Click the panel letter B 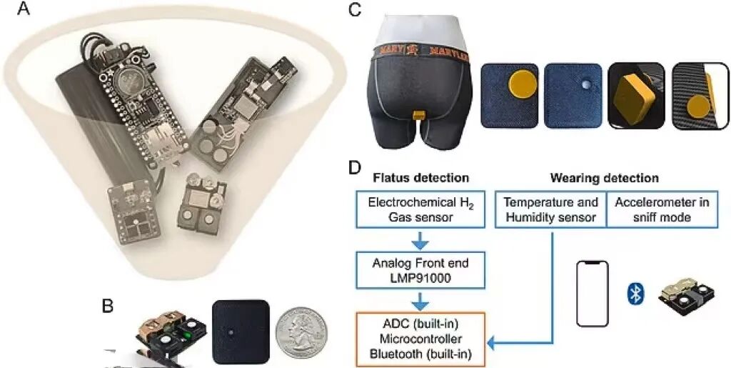108,305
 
